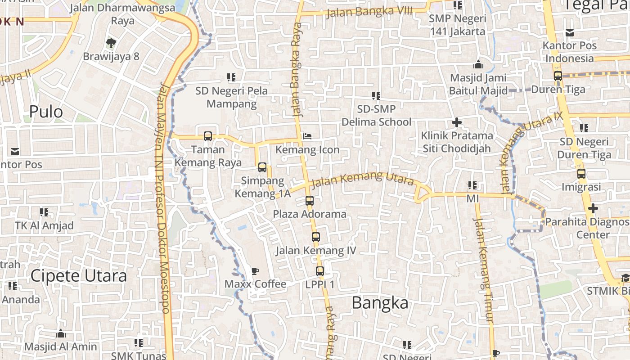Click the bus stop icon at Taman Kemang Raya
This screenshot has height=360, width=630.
207,136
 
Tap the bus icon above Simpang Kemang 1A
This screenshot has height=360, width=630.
262,167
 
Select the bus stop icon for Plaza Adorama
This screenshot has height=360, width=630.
310,201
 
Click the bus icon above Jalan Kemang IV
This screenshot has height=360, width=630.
316,237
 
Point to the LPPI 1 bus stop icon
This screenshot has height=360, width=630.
320,271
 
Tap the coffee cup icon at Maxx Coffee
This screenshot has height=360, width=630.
255,271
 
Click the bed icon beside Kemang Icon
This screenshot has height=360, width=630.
307,136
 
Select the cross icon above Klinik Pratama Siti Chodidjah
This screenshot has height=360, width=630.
457,122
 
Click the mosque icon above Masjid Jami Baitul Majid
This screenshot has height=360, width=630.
478,64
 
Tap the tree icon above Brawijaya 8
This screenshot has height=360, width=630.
111,43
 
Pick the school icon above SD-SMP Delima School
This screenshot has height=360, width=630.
376,95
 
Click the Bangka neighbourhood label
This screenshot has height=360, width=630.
380,303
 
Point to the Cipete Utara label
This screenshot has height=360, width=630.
79,276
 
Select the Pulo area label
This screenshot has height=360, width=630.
46,112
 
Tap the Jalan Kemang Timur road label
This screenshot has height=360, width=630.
483,270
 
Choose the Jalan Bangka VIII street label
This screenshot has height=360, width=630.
369,12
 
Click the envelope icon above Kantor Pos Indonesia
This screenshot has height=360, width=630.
570,32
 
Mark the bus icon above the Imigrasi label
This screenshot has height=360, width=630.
581,173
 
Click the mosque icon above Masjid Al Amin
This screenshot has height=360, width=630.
61,333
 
